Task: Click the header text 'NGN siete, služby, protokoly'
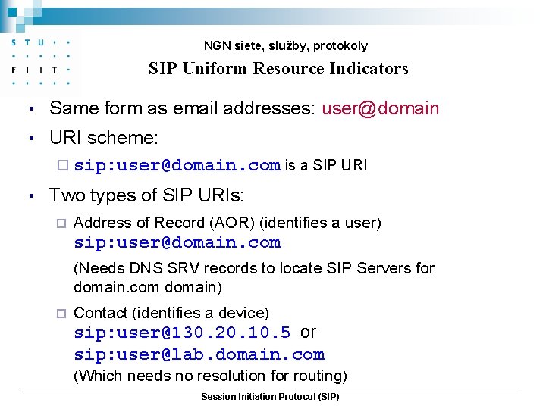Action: (285, 46)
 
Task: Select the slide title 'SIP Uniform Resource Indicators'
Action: (278, 69)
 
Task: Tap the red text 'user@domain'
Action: (380, 108)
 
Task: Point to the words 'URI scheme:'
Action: (104, 138)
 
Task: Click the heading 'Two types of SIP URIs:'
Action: (146, 196)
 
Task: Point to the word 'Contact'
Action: (99, 313)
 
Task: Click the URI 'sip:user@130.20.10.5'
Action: (182, 333)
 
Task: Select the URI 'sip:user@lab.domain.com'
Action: (199, 355)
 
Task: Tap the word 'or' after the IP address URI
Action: (309, 333)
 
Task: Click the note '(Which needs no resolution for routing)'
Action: (210, 376)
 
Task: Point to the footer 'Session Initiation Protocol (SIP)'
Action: (270, 397)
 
